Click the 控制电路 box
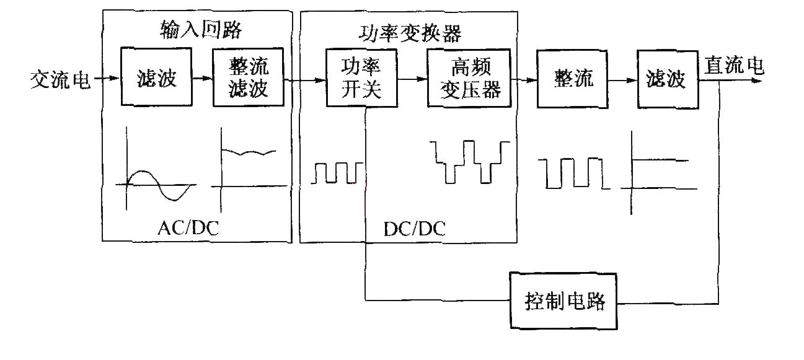[x=563, y=301]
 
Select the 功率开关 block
[x=361, y=78]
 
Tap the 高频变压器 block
[x=469, y=78]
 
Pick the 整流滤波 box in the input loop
[x=249, y=77]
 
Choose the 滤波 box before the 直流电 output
[x=668, y=79]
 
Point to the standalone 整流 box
[x=572, y=79]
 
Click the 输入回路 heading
[x=201, y=29]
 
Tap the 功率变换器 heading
[x=410, y=33]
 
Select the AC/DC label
[x=188, y=228]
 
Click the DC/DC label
[x=415, y=229]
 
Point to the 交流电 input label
[x=60, y=79]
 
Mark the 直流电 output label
[x=734, y=65]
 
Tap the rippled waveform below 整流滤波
[x=249, y=152]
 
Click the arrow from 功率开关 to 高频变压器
[x=412, y=79]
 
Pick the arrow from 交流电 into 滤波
[x=107, y=78]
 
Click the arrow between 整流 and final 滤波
[x=622, y=81]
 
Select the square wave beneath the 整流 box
[x=574, y=173]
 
